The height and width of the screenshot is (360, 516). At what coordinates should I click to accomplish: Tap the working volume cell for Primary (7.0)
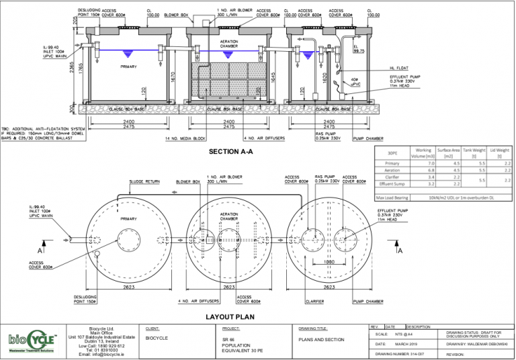click(x=423, y=163)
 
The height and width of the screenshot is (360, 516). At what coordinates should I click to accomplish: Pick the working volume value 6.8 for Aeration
click(x=423, y=171)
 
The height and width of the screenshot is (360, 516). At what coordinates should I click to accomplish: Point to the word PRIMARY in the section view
click(x=130, y=66)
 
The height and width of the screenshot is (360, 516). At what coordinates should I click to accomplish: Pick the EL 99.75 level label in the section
click(x=359, y=48)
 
